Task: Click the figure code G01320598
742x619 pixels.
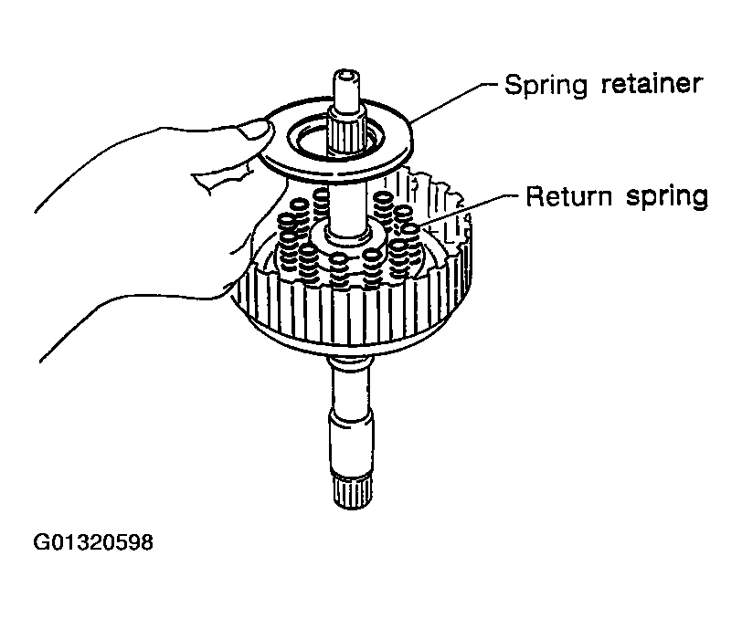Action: pyautogui.click(x=93, y=544)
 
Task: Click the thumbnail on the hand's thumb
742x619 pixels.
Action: pyautogui.click(x=255, y=131)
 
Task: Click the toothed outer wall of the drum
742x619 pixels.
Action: pyautogui.click(x=347, y=315)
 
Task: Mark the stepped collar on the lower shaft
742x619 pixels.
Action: pyautogui.click(x=350, y=425)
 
